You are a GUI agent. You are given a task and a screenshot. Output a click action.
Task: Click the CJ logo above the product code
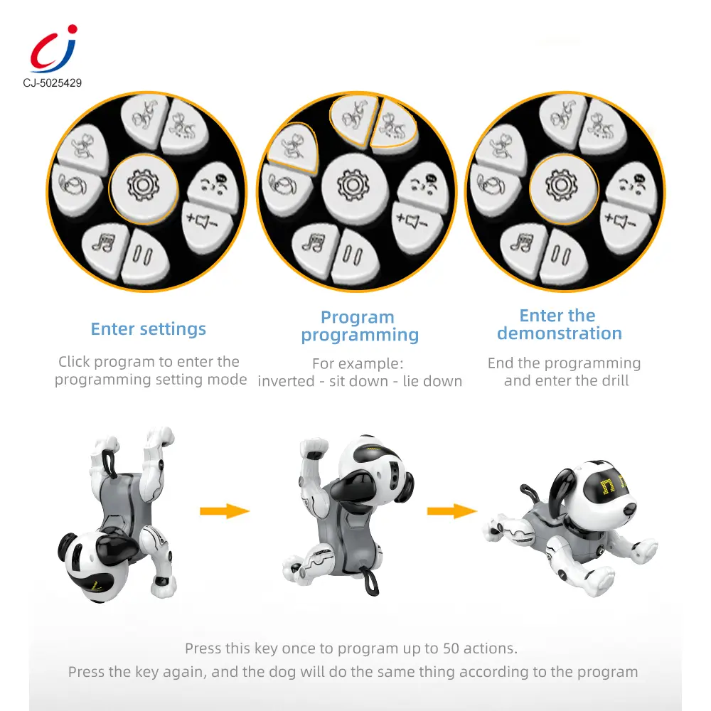(53, 49)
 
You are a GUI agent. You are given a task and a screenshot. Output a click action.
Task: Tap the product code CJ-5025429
(53, 83)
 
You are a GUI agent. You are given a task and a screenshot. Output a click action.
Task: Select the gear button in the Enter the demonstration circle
(563, 188)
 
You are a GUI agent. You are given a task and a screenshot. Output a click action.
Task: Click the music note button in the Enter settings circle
(105, 248)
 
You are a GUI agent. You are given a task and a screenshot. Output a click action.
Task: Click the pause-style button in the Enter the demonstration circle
(563, 255)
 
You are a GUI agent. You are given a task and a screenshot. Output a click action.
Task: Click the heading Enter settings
(149, 328)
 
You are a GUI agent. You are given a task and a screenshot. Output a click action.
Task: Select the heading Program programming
(360, 326)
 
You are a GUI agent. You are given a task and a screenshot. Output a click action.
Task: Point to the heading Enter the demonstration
(559, 324)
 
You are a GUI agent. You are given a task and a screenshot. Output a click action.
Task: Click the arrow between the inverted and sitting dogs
(225, 511)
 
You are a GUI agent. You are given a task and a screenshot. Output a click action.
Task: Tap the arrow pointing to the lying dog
(452, 511)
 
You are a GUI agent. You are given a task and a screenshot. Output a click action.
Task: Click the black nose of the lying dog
(629, 509)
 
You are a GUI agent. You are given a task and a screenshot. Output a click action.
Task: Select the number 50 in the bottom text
(451, 648)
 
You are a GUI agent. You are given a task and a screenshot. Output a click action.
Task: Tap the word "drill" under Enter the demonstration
(615, 380)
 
